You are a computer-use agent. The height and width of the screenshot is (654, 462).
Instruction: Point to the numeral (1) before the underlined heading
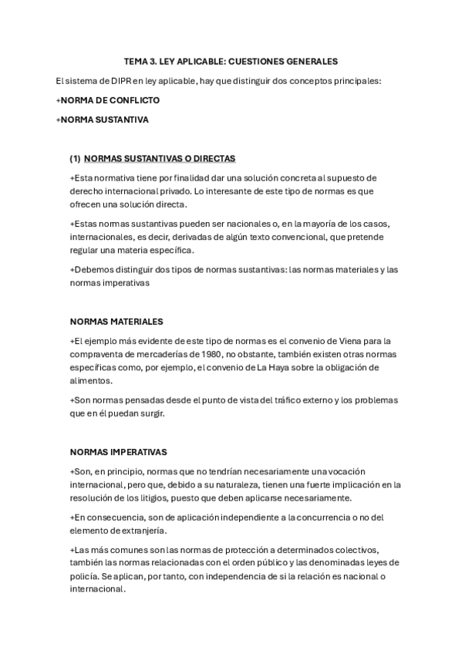coord(75,158)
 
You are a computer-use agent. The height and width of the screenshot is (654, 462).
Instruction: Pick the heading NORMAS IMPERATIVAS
coord(118,451)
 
